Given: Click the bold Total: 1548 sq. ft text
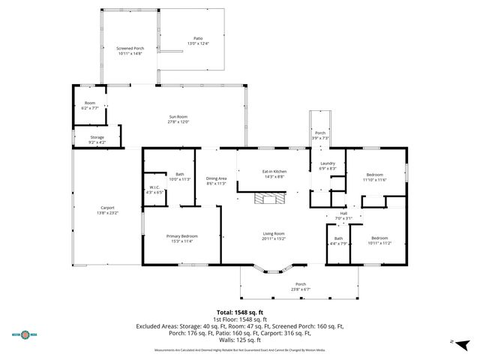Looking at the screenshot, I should click(x=240, y=312).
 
